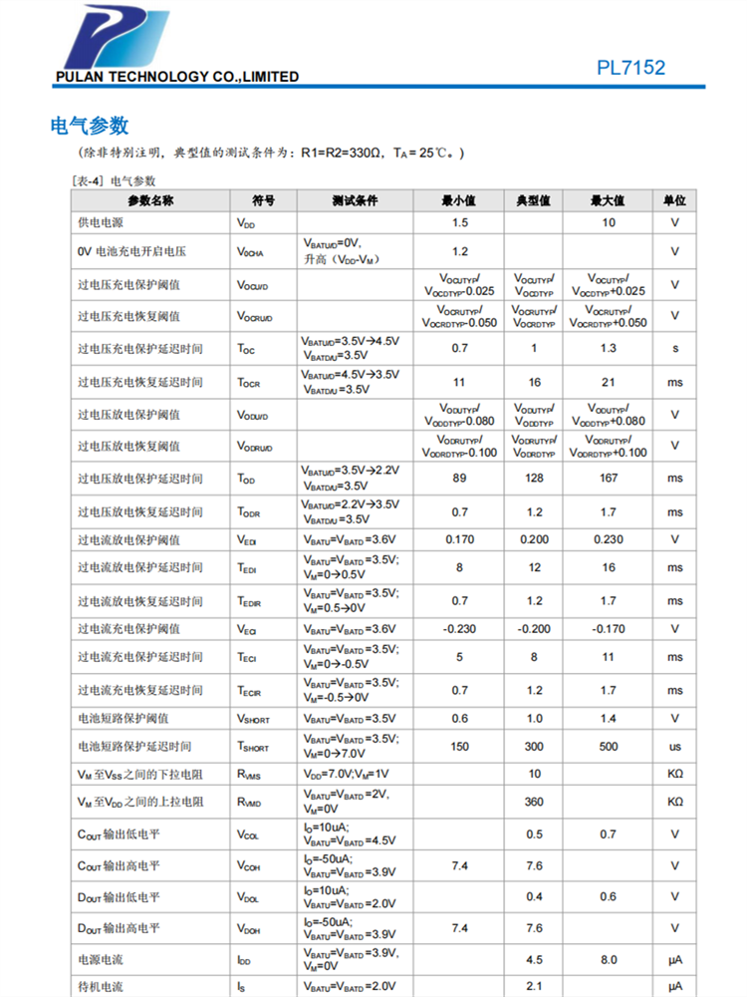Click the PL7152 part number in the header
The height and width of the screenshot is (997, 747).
(x=630, y=68)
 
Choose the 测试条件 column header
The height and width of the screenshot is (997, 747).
(x=355, y=200)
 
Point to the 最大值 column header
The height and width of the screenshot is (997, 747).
(x=608, y=200)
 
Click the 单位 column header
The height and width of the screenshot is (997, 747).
(x=675, y=200)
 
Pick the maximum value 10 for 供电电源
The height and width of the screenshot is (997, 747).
(x=608, y=223)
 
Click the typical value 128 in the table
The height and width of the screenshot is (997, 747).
(x=534, y=478)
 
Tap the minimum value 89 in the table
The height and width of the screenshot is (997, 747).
(x=459, y=478)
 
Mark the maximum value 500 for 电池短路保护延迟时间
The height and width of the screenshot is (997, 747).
(x=608, y=746)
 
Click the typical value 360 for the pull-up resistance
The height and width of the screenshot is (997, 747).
(x=534, y=802)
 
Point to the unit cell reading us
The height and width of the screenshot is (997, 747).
(x=675, y=746)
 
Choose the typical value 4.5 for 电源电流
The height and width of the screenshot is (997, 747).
(x=534, y=960)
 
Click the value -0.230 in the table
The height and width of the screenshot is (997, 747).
(x=459, y=629)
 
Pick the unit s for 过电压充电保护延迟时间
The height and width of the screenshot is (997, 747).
(x=675, y=348)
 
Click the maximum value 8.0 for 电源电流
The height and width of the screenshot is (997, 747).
(x=608, y=960)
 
